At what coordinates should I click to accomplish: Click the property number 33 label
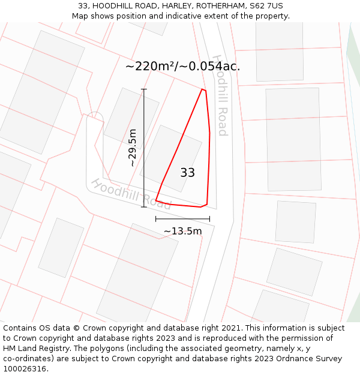[187, 173]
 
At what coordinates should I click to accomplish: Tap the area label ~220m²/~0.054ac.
[182, 67]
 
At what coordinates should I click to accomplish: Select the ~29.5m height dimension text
[133, 148]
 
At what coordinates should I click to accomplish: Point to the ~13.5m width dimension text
[182, 231]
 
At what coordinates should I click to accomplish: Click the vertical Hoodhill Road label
[220, 96]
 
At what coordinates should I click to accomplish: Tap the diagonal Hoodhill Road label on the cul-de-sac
[131, 194]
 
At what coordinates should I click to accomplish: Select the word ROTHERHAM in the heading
[212, 6]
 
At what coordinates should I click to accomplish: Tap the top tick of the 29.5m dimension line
[144, 89]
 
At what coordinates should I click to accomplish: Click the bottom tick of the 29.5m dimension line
[144, 207]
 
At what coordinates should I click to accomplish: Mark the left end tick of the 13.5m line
[156, 219]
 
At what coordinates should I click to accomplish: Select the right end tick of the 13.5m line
[209, 219]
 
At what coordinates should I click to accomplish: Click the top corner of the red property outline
[203, 89]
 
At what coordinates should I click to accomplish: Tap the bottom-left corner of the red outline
[156, 200]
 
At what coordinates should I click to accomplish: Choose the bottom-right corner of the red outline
[206, 205]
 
